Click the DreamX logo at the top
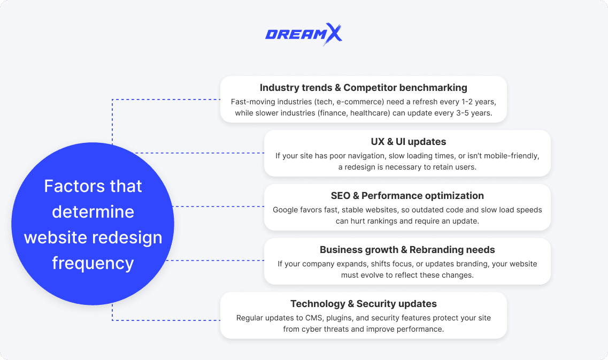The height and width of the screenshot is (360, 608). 303,35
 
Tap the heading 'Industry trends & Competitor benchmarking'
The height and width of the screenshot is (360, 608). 364,88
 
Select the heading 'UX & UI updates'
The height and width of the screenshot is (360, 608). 408,142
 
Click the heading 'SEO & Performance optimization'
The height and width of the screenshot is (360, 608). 407,196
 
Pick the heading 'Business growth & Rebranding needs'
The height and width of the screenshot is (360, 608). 407,250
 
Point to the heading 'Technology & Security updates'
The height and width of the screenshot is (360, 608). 364,304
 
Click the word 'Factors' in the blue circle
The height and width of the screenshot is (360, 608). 68,186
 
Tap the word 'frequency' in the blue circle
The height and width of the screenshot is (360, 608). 93,263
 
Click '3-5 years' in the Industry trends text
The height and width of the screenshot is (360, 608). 475,113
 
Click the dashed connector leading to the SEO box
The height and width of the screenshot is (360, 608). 219,206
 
